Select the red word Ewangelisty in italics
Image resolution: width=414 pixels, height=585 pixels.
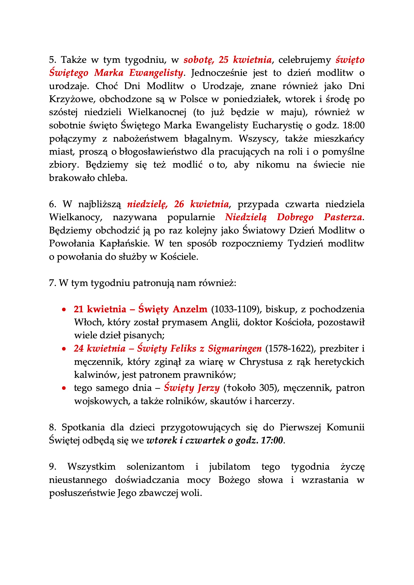[x=156, y=73]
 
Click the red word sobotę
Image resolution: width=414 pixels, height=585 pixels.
[x=198, y=60]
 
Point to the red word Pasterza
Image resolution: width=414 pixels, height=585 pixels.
[x=343, y=217]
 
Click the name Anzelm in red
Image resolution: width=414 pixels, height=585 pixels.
[x=190, y=309]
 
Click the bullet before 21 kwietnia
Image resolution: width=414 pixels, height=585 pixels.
[x=64, y=310]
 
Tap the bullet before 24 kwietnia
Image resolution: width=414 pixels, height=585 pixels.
[x=64, y=349]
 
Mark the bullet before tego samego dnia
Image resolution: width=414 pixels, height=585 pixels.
[x=64, y=388]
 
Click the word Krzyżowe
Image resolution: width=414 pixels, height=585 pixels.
[x=72, y=99]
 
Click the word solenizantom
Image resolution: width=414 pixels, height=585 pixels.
[x=155, y=466]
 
